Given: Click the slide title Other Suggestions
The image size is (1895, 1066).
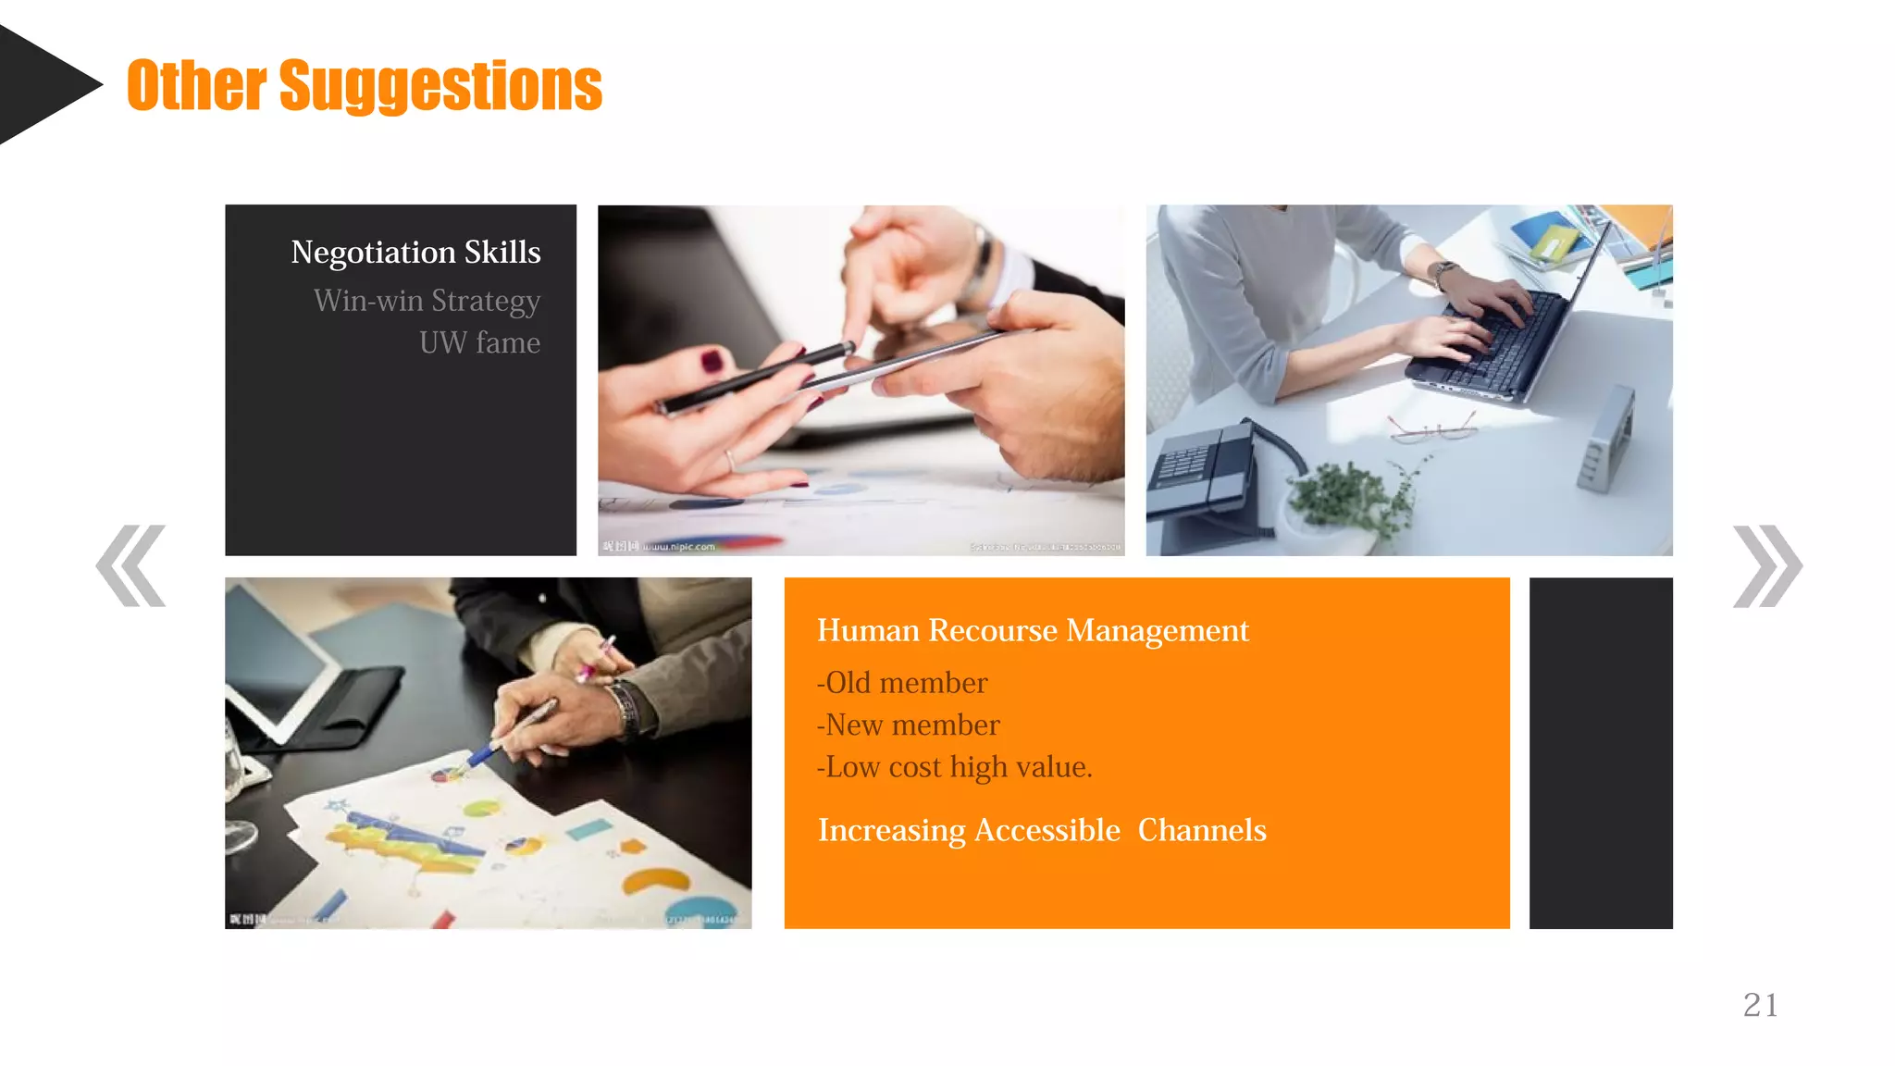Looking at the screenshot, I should pyautogui.click(x=364, y=85).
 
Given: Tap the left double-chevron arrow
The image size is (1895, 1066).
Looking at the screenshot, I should pyautogui.click(x=130, y=565).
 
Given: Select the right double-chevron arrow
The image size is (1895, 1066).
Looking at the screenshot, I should pyautogui.click(x=1766, y=565).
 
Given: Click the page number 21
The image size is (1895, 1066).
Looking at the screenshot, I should pyautogui.click(x=1760, y=1005).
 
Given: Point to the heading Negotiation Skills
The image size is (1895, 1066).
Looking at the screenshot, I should pyautogui.click(x=415, y=252).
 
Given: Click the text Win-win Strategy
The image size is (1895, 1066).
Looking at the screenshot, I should pyautogui.click(x=427, y=301).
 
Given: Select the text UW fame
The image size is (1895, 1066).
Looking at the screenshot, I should pyautogui.click(x=479, y=342).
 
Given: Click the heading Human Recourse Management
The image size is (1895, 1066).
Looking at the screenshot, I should pyautogui.click(x=1032, y=630).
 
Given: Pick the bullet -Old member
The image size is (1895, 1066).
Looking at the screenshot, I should pyautogui.click(x=902, y=683).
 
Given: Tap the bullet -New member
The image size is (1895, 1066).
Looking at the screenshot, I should pyautogui.click(x=908, y=725).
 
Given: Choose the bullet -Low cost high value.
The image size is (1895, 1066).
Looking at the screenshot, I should pyautogui.click(x=954, y=767).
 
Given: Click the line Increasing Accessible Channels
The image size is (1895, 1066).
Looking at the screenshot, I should pyautogui.click(x=1041, y=830).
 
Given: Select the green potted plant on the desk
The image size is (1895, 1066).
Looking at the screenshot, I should pyautogui.click(x=1351, y=500).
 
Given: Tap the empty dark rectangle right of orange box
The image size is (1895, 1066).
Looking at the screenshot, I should pyautogui.click(x=1601, y=752).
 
